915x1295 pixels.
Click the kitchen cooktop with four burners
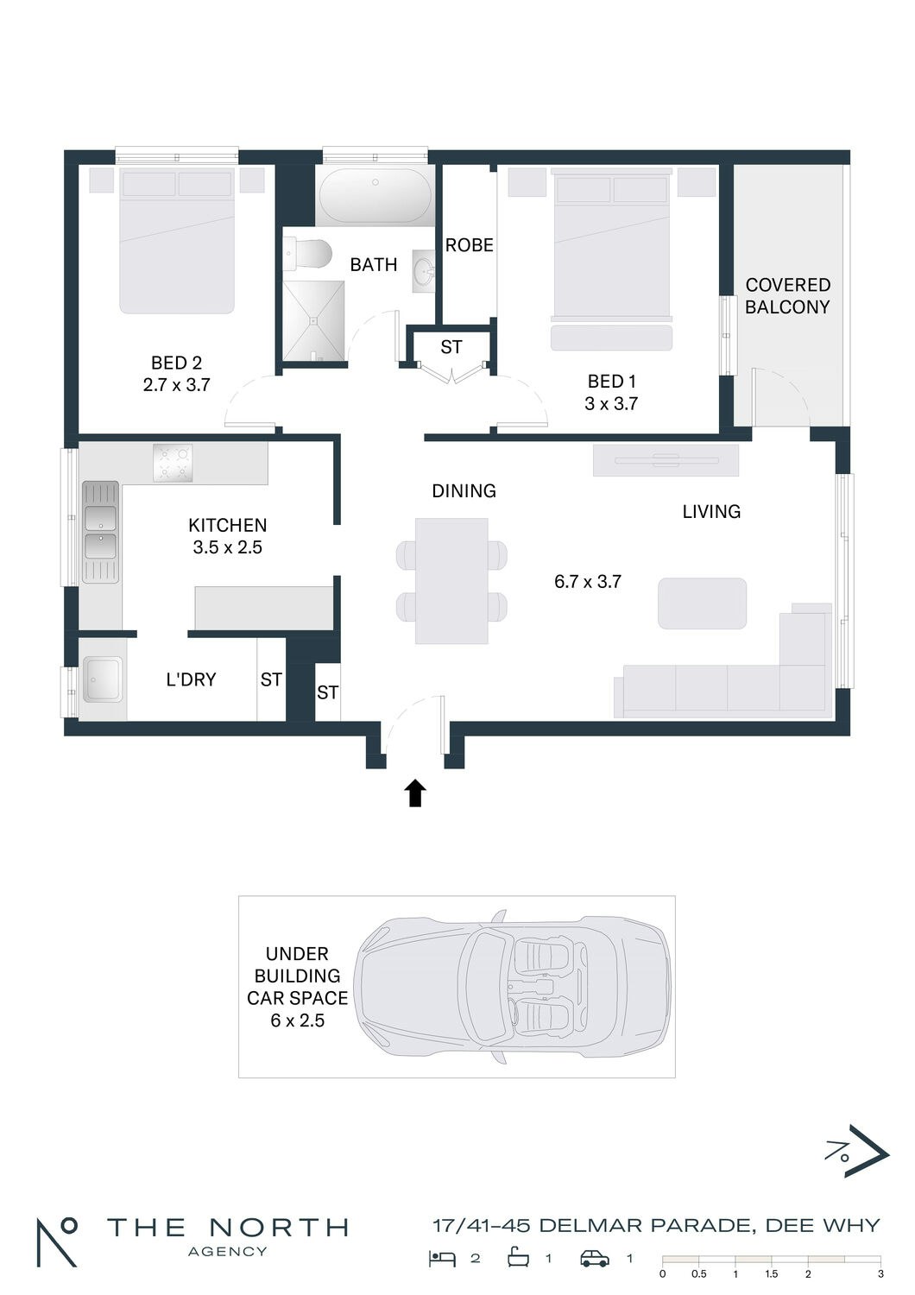point(173,463)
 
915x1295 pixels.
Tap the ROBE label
point(470,245)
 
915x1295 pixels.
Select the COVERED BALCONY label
point(787,295)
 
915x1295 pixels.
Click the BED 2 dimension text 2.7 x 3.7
point(176,384)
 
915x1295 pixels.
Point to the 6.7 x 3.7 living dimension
point(587,581)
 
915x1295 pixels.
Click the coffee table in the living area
point(702,603)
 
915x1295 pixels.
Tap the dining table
point(451,580)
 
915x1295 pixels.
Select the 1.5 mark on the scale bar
point(771,1274)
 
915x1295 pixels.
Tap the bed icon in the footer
point(443,1254)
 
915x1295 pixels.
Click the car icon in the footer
point(595,1254)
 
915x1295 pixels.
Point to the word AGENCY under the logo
point(228,1252)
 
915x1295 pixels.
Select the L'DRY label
point(191,679)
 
